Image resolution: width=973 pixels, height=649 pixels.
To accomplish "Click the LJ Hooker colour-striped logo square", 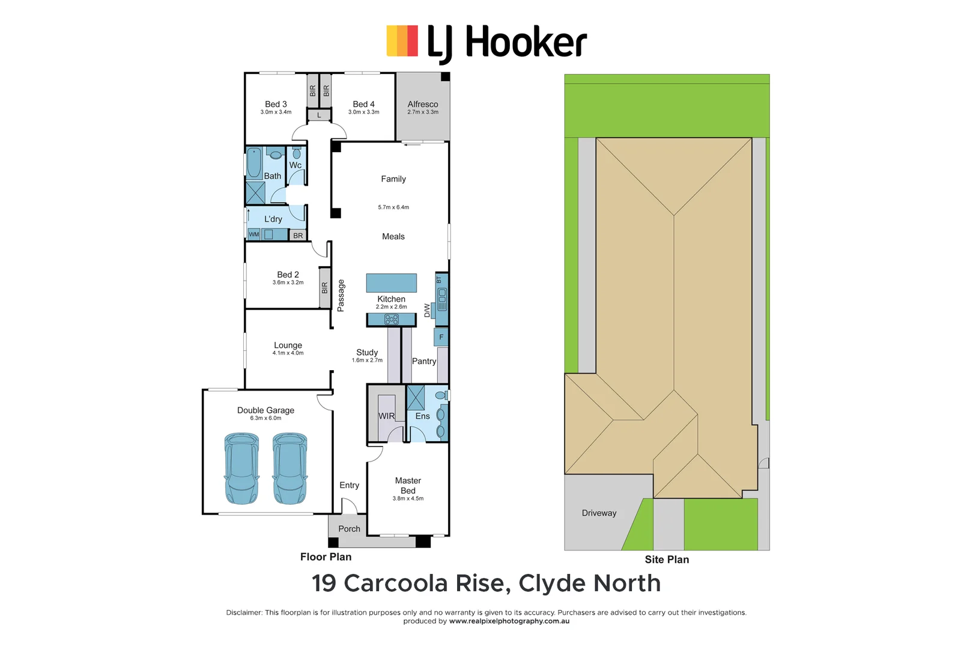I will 402,41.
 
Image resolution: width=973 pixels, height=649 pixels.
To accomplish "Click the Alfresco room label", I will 423,104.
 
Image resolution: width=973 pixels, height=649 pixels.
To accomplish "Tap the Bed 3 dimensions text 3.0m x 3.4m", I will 276,112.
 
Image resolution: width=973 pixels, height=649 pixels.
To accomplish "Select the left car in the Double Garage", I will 241,469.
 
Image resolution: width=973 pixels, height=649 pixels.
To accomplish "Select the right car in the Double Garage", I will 289,469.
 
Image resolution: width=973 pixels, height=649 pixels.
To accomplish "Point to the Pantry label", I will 423,361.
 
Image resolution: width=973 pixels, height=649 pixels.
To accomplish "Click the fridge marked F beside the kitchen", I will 441,337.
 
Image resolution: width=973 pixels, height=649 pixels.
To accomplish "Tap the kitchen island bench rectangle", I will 391,283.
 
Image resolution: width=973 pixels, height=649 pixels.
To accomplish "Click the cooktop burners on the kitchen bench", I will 391,319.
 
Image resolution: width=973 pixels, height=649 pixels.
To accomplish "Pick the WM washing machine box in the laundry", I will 254,234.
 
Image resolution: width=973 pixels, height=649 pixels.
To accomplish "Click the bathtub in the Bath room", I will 254,162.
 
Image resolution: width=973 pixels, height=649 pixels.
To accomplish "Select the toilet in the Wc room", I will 297,153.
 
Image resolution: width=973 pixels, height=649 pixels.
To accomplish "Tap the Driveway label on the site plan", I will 599,513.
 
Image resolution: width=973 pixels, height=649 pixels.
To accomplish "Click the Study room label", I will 367,352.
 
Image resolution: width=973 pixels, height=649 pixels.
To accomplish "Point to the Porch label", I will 349,529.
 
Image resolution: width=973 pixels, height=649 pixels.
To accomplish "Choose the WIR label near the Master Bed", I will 386,416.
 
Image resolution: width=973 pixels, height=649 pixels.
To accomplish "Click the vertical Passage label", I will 341,295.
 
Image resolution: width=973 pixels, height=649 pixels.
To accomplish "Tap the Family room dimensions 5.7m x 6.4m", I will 393,207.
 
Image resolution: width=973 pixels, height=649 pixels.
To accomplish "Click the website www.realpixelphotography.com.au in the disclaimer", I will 509,621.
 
